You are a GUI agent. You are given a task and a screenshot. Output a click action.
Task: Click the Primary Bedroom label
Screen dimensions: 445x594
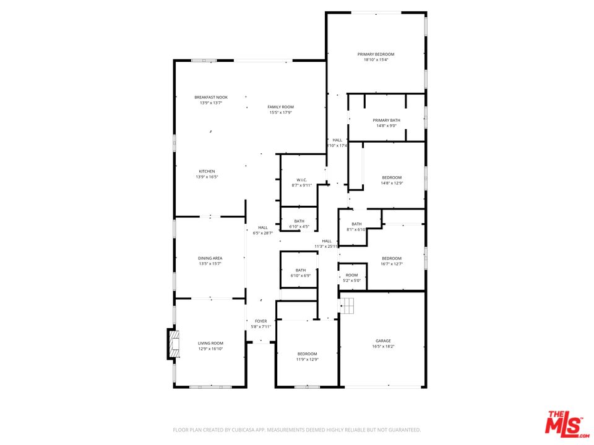click(x=376, y=54)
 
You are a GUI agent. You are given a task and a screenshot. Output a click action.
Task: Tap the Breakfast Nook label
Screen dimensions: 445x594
click(x=210, y=97)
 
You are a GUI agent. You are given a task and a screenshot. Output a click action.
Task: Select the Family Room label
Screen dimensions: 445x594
click(x=280, y=107)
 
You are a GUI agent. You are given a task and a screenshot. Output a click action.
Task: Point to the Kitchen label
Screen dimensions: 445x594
click(x=207, y=171)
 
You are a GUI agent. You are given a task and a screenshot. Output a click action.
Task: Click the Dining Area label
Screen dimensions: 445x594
click(x=210, y=258)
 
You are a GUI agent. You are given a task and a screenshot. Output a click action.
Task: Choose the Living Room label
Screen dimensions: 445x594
click(x=210, y=343)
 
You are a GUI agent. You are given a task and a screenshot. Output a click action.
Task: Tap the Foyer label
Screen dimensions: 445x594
click(x=261, y=321)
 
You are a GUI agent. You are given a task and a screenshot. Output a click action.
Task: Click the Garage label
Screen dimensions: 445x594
click(x=383, y=341)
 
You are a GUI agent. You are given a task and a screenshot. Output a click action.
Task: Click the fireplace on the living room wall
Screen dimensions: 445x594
click(x=173, y=344)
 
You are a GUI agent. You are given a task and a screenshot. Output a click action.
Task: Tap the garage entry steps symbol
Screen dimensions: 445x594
click(x=347, y=305)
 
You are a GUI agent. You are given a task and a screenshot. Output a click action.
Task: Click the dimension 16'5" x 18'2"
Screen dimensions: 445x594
click(x=383, y=346)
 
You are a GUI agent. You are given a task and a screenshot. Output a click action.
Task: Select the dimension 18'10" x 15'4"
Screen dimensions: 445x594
click(x=376, y=60)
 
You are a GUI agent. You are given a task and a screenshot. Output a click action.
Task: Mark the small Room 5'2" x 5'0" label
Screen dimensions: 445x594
click(x=351, y=275)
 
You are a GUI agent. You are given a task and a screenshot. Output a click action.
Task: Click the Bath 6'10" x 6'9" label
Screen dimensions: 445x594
click(x=300, y=270)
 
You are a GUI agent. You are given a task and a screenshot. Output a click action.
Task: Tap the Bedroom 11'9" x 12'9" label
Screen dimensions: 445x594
click(x=307, y=354)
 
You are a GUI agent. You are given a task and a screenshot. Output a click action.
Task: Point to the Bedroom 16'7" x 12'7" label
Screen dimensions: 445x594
click(x=391, y=258)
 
